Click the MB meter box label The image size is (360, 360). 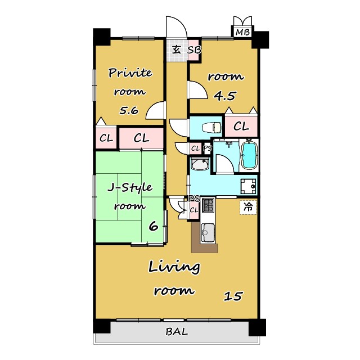(x=242, y=32)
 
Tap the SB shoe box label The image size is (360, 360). (x=194, y=50)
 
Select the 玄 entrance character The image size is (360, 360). (x=177, y=50)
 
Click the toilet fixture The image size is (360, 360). (x=211, y=128)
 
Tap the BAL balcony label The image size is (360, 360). (x=177, y=331)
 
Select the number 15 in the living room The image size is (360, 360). (x=233, y=296)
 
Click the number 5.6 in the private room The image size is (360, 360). (x=129, y=111)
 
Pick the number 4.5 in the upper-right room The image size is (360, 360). (x=225, y=96)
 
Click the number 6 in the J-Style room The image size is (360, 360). (x=154, y=227)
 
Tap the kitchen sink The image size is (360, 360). (x=208, y=232)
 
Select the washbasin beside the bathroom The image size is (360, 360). (x=200, y=164)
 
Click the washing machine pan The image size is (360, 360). (x=248, y=186)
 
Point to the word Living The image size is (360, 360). (x=174, y=268)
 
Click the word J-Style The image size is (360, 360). (x=130, y=188)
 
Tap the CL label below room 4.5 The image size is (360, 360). (x=241, y=127)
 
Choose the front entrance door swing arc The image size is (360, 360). (x=179, y=23)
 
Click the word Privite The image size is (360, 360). (x=130, y=73)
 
